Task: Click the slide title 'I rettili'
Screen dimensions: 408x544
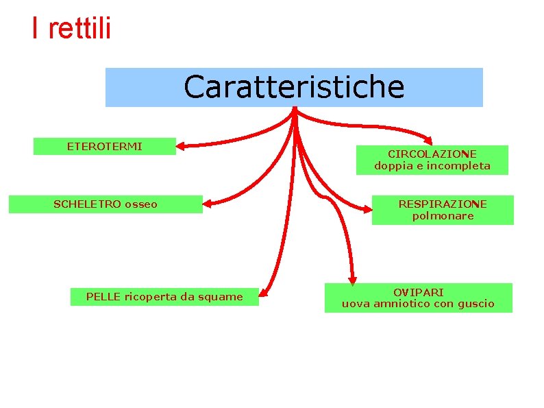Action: click(71, 28)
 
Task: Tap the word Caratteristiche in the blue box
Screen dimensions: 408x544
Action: click(294, 87)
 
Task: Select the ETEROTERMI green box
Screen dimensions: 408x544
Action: click(105, 146)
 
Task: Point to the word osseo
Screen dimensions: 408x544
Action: click(141, 204)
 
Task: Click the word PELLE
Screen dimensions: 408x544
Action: click(102, 297)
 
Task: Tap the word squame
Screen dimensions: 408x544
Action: click(220, 297)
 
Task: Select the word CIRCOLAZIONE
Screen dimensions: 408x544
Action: click(432, 154)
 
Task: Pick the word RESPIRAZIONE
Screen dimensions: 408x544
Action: click(443, 204)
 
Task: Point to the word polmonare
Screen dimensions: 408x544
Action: click(443, 215)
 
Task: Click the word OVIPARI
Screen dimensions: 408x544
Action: click(418, 292)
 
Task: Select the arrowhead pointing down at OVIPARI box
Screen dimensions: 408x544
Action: click(352, 278)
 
